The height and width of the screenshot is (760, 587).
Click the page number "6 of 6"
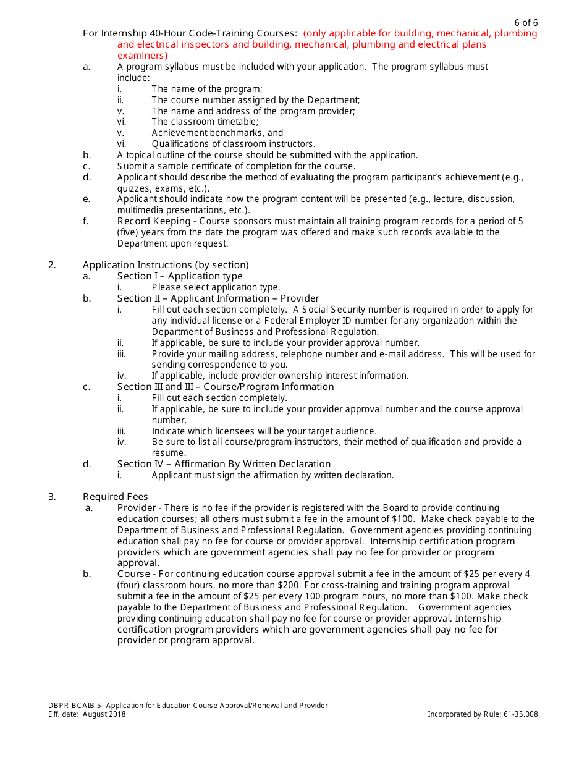526,23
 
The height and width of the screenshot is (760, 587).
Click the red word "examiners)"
142,56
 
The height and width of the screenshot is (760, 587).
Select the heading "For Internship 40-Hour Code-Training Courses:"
190,33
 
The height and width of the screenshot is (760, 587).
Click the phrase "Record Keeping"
154,221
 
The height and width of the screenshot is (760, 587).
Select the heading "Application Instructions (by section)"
166,265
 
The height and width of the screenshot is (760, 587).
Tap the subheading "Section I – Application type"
180,276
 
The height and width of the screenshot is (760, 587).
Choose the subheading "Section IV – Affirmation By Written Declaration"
224,464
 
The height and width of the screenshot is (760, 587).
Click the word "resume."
169,453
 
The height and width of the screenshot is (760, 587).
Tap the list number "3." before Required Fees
52,497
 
